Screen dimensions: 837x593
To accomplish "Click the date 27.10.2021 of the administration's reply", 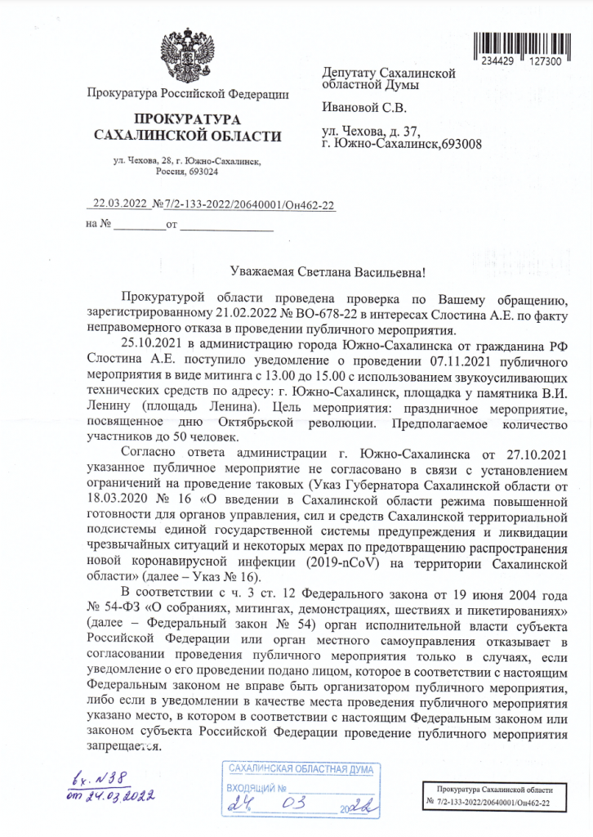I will click(x=528, y=453).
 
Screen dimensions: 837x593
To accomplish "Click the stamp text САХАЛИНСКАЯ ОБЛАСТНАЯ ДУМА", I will click(x=301, y=770).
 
